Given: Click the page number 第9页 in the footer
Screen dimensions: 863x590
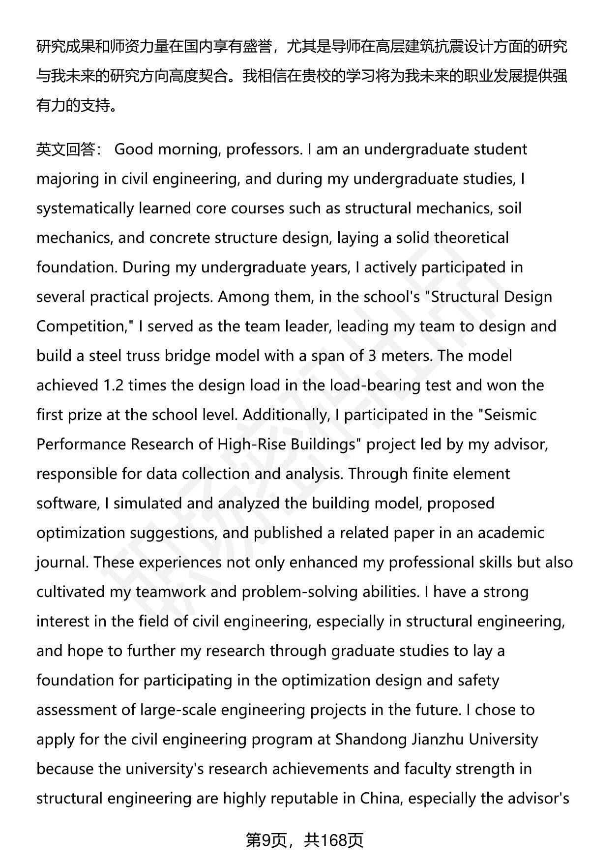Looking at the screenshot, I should point(266,840).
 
